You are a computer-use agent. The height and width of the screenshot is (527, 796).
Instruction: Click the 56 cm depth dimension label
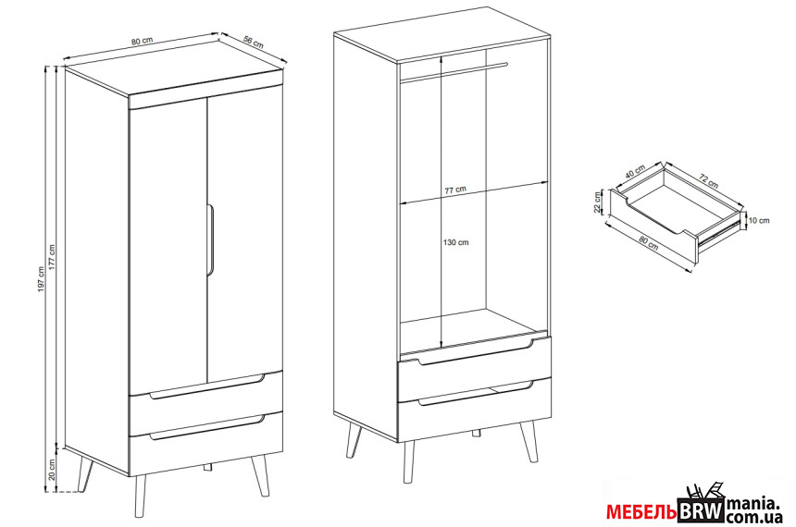(254, 43)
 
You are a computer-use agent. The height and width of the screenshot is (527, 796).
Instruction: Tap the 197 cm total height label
(42, 279)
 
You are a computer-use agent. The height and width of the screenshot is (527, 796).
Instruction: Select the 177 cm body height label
(51, 258)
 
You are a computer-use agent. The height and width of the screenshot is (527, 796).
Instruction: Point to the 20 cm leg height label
(51, 470)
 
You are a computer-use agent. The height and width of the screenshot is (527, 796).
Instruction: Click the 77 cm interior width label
(455, 190)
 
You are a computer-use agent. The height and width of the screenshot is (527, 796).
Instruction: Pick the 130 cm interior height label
(456, 242)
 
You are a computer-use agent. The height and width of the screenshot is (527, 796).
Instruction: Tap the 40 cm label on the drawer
(635, 170)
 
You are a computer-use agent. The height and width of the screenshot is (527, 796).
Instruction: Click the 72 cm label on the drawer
(709, 180)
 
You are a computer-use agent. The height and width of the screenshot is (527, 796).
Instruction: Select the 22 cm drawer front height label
(598, 202)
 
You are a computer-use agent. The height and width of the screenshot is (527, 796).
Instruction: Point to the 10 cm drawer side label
(759, 220)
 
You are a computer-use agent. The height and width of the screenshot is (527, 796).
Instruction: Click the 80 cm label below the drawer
(648, 243)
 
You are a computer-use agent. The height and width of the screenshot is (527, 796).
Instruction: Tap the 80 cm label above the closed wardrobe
(143, 41)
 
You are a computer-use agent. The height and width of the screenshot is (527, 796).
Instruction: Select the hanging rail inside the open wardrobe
(454, 71)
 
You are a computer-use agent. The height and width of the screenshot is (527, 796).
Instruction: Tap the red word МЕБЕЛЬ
(641, 512)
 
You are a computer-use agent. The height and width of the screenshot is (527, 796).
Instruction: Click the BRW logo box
(701, 510)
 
